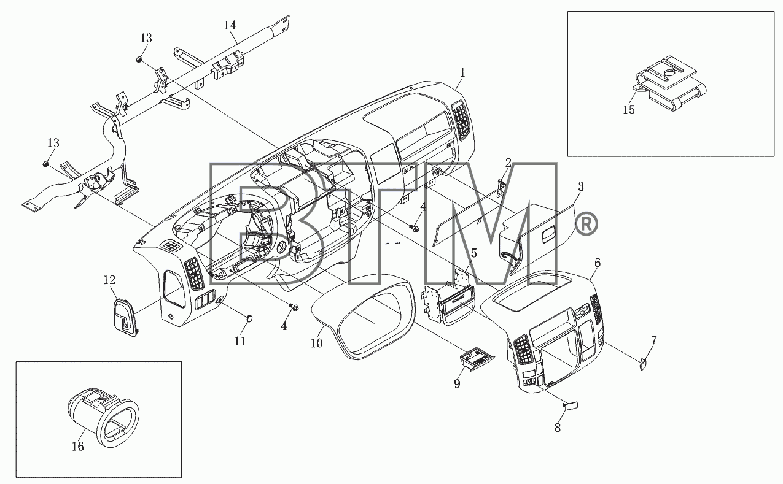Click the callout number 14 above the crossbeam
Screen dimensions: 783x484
pos(230,25)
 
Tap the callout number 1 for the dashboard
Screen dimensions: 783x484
pos(463,72)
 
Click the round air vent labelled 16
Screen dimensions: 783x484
pos(103,417)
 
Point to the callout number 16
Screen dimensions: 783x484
pos(77,447)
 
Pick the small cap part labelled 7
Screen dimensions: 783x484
pos(643,364)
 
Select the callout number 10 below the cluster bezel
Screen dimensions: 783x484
pos(317,344)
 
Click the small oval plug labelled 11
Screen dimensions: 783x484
pos(249,318)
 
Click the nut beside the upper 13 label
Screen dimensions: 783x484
pos(139,60)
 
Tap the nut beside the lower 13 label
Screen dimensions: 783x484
pos(45,164)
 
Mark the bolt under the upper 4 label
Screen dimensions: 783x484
pos(415,228)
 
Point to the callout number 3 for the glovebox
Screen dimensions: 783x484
pos(580,186)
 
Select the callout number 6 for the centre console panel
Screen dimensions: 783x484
pos(598,263)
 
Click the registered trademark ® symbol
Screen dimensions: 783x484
pos(586,224)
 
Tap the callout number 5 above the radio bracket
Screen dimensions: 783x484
pos(473,253)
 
